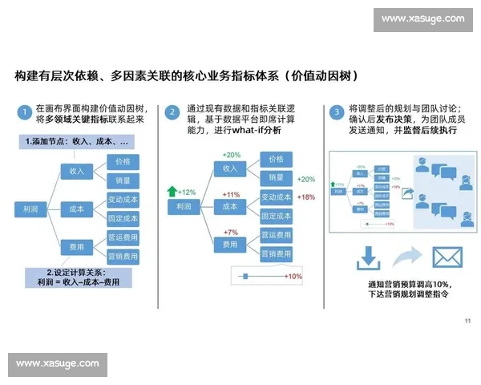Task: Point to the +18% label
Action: point(305,197)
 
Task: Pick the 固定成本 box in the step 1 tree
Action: point(123,217)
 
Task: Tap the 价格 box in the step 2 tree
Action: point(276,159)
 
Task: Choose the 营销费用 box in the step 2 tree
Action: point(276,253)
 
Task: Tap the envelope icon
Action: point(448,257)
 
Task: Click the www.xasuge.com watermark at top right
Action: point(422,18)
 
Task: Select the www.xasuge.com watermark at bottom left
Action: point(58,365)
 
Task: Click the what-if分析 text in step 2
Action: point(255,131)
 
